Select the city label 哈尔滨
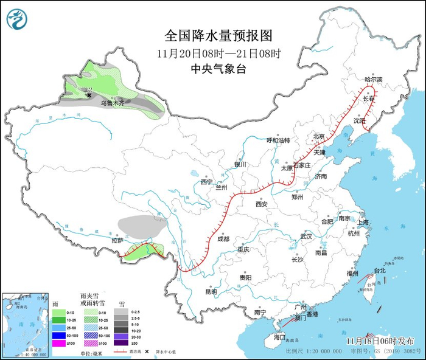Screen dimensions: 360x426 (x=373, y=80)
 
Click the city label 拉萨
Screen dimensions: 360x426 (x=117, y=240)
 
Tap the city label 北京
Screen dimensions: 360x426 (x=319, y=136)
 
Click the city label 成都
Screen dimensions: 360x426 (x=223, y=239)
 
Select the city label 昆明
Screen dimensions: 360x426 (x=211, y=291)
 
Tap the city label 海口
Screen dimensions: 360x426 (x=279, y=336)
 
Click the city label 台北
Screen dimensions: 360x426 (x=380, y=270)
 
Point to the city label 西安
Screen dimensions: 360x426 (x=262, y=204)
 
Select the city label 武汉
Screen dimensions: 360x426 (x=306, y=236)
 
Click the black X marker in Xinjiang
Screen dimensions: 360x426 (x=89, y=95)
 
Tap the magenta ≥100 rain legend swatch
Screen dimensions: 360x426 (x=58, y=344)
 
